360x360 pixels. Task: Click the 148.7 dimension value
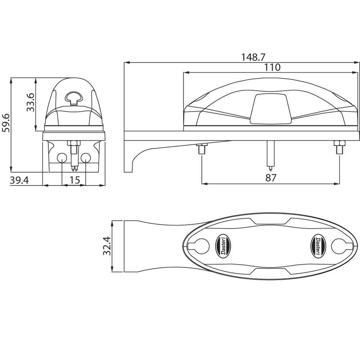pyautogui.click(x=253, y=57)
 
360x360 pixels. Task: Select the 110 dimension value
pyautogui.click(x=272, y=67)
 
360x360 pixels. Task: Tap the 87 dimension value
pyautogui.click(x=270, y=177)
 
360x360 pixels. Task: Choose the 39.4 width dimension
pyautogui.click(x=19, y=180)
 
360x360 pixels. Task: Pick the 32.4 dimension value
pyautogui.click(x=107, y=246)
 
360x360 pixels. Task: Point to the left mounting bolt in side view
pyautogui.click(x=202, y=148)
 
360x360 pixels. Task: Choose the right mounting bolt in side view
pyautogui.click(x=339, y=148)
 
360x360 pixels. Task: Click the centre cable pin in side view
pyautogui.click(x=270, y=155)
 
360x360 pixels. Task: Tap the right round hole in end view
pyautogui.click(x=86, y=158)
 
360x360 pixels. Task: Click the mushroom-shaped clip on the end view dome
pyautogui.click(x=74, y=97)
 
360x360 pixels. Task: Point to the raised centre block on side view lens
pyautogui.click(x=270, y=109)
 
